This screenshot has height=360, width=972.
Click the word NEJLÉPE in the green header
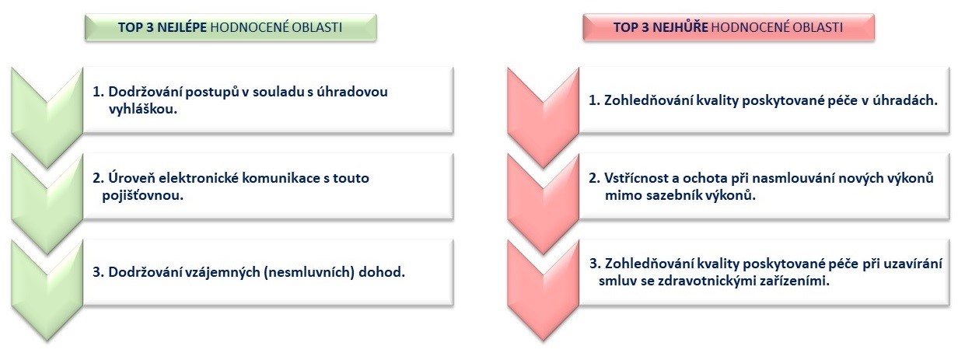point(182,27)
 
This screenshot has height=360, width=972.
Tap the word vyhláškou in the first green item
point(143,109)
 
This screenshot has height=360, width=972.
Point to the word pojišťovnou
point(143,196)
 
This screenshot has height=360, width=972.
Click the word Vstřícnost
point(636,178)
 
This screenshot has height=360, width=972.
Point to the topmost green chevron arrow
point(47,118)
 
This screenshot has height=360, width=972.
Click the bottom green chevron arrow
point(47,291)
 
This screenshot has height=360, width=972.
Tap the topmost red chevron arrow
point(544,118)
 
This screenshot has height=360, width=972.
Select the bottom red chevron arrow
point(544,291)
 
